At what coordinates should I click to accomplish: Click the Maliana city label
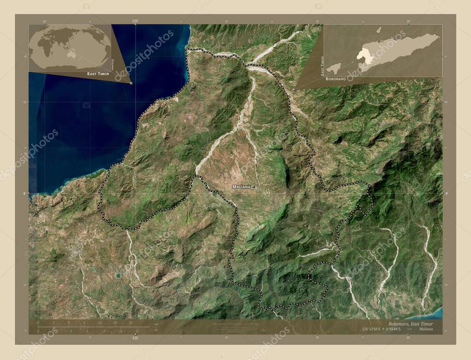241,187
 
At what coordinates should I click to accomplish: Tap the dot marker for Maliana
253,187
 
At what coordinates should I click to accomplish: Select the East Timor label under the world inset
98,74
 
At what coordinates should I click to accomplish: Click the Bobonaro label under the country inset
336,79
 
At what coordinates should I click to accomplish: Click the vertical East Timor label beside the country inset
322,66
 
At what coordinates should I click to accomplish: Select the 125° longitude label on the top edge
135,21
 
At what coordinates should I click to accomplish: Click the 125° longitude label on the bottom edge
135,338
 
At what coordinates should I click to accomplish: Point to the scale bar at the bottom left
92,327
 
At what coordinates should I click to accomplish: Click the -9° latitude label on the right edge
446,194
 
